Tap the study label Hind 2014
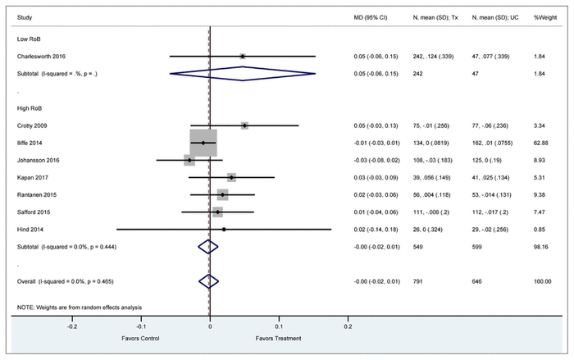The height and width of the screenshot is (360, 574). pos(34,229)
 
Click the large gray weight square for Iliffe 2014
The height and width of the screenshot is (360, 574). pos(203,143)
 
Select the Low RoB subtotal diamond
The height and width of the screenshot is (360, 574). pos(243,73)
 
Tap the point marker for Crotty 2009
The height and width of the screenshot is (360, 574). pos(244,125)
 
